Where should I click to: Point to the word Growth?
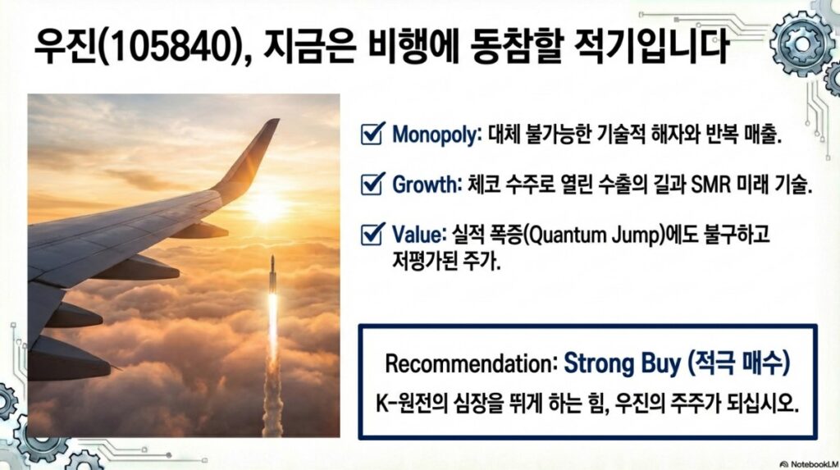tap(427, 185)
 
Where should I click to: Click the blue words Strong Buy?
tap(623, 363)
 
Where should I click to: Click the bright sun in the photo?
tap(267, 208)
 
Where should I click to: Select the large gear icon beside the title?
tap(802, 43)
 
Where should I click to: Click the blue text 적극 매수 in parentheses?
tap(739, 363)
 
